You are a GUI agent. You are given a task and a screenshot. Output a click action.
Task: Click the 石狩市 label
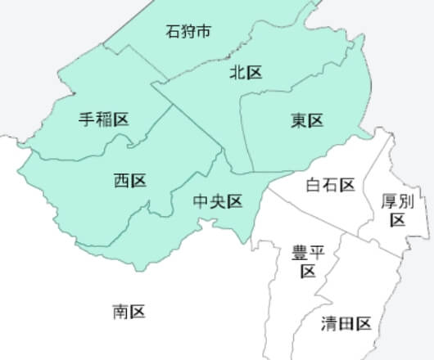(x=188, y=32)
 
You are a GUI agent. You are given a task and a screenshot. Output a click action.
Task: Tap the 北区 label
(x=245, y=73)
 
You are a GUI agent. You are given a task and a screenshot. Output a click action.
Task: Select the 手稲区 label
(x=103, y=119)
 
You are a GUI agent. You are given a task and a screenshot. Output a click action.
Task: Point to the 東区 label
(x=307, y=120)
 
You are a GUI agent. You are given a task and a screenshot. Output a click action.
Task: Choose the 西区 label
(x=129, y=180)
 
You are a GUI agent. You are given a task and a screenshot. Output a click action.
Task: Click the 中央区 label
(x=218, y=201)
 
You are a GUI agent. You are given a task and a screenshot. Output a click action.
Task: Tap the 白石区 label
(x=329, y=185)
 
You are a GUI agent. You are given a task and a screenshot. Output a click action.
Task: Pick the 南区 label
(x=129, y=311)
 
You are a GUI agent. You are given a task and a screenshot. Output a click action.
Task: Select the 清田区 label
(x=346, y=323)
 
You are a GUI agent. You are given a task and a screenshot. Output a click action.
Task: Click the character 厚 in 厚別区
(x=390, y=201)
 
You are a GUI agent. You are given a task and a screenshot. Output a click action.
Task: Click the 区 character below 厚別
(x=398, y=220)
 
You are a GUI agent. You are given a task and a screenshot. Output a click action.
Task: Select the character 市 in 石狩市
(x=205, y=32)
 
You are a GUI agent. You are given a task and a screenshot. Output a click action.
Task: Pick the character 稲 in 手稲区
(x=103, y=119)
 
